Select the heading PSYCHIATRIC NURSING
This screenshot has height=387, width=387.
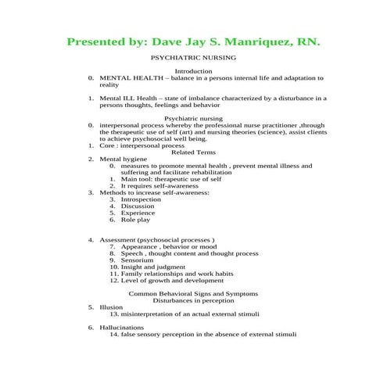click(193, 58)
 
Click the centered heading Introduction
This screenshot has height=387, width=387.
click(193, 71)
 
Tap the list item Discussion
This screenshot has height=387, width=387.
click(139, 206)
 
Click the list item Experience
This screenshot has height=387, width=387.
click(138, 213)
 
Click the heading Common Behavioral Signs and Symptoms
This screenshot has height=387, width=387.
click(193, 293)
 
